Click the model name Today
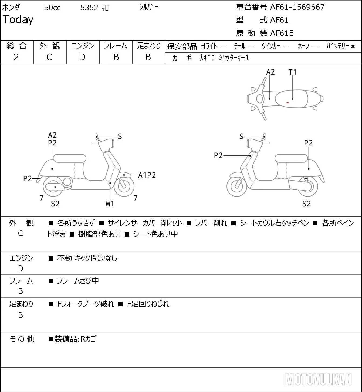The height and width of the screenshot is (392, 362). [18, 20]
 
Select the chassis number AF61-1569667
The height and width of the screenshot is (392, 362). [297, 7]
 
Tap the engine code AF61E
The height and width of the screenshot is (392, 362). [282, 33]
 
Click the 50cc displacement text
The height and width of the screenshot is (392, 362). [52, 8]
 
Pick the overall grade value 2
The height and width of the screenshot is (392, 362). [16, 57]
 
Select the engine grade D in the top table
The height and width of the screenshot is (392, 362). [82, 57]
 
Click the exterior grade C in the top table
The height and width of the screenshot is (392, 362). [49, 57]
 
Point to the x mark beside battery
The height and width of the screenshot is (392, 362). [353, 46]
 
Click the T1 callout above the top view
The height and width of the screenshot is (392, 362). [292, 72]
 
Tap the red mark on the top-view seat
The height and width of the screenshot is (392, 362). [288, 102]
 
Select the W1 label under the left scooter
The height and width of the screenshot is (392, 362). [110, 204]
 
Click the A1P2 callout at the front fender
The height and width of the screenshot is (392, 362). [147, 175]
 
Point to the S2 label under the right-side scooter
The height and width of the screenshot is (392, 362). [306, 204]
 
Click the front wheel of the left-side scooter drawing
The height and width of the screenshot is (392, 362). [124, 186]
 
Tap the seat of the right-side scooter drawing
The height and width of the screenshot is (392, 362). [291, 158]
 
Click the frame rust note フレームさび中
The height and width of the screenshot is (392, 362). [78, 281]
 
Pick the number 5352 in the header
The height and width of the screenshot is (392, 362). [89, 8]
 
